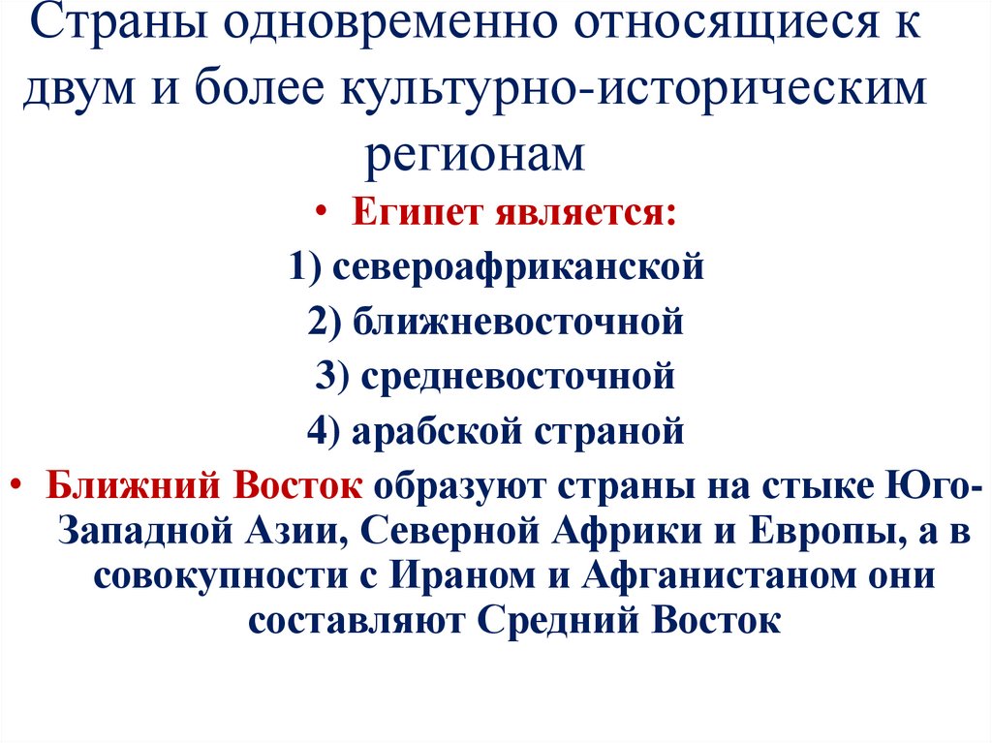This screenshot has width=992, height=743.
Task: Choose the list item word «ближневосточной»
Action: pos(518,321)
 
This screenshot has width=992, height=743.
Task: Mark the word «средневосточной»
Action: pos(518,375)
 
